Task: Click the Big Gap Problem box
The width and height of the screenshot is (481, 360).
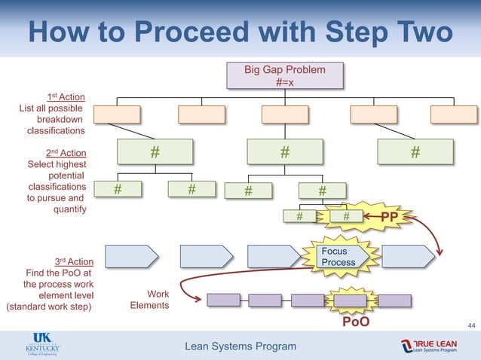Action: click(285, 76)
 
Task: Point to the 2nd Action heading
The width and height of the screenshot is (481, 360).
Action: click(66, 153)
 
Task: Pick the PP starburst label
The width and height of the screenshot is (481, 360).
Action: click(389, 217)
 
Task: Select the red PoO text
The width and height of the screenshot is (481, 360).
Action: click(357, 322)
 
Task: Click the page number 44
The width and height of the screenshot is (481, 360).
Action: click(471, 325)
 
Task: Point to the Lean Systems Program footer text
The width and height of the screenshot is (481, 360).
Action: click(240, 346)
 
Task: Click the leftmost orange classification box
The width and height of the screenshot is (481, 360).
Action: click(118, 114)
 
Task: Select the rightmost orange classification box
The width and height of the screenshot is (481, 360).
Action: click(454, 114)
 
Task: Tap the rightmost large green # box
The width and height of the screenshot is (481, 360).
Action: click(415, 152)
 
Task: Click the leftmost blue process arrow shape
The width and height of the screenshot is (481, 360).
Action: click(131, 256)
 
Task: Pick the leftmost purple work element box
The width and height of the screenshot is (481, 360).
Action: click(223, 300)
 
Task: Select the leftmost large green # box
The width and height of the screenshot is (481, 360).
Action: click(155, 152)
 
